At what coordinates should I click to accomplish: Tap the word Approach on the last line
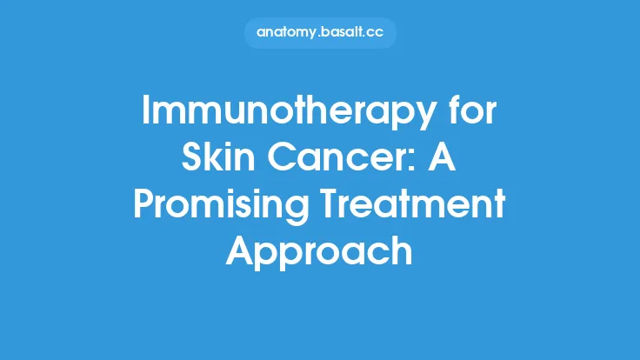tap(319, 253)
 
